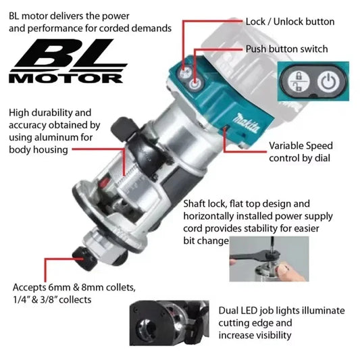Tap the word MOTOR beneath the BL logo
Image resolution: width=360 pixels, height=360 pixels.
pos(65,78)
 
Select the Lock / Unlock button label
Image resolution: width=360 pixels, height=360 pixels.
pos(290,22)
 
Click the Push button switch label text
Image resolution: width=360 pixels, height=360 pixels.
pos(286,49)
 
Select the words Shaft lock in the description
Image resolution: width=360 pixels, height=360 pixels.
pos(207,204)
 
